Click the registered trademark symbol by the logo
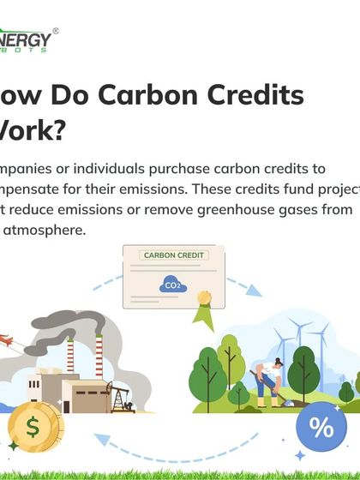pyautogui.click(x=56, y=31)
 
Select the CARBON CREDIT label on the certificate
pyautogui.click(x=174, y=255)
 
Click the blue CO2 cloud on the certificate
pyautogui.click(x=171, y=284)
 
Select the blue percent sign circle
pyautogui.click(x=321, y=427)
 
